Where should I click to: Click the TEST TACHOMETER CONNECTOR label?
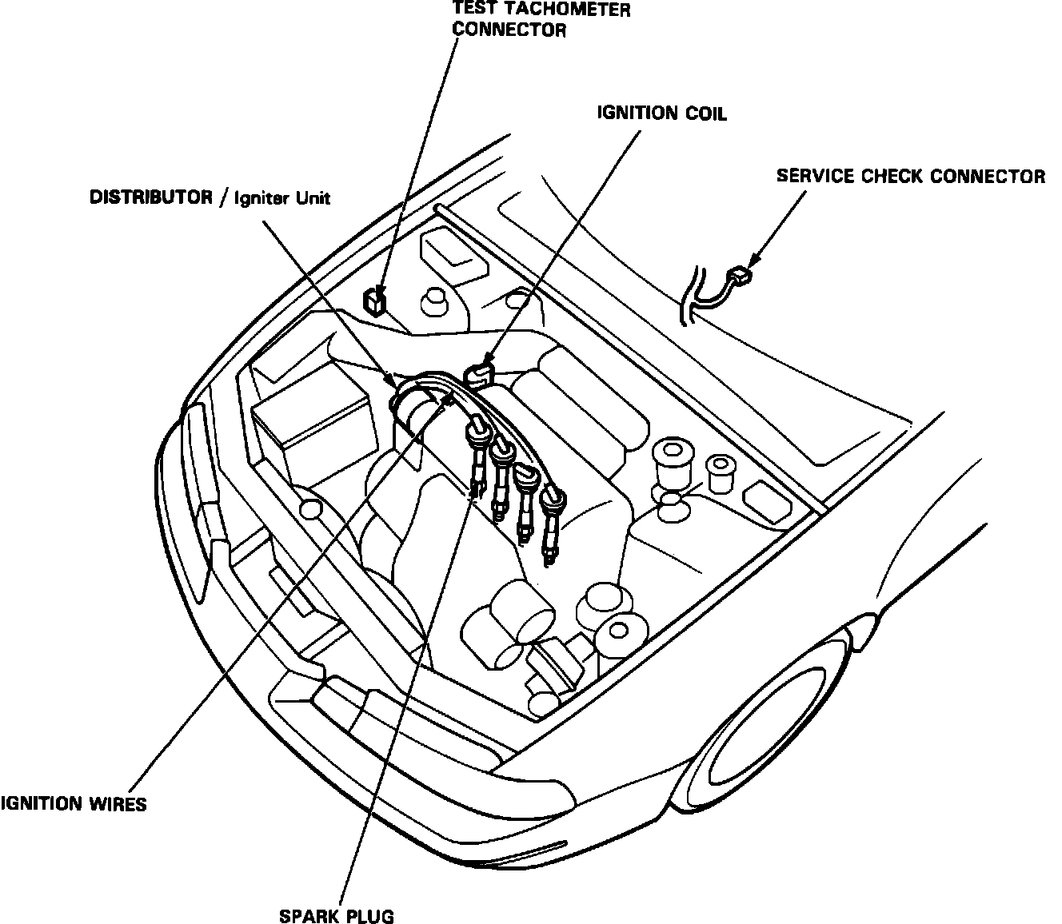541,20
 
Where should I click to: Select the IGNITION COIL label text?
662,114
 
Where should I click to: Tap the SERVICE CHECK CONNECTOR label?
910,176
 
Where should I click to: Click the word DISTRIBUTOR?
150,197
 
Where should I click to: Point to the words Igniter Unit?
281,198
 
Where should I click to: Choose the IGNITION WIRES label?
74,804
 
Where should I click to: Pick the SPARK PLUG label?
337,916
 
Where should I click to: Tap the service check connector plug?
741,276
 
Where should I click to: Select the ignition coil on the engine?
478,373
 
